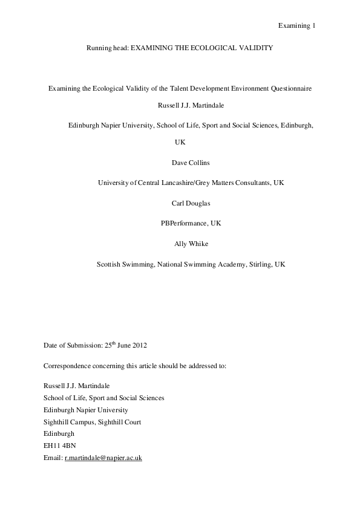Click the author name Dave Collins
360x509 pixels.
pyautogui.click(x=180, y=162)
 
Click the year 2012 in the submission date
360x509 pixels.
pyautogui.click(x=139, y=346)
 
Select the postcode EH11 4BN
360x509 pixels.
pyautogui.click(x=60, y=446)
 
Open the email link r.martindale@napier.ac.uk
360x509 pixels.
pyautogui.click(x=103, y=458)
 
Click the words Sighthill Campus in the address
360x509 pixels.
pyautogui.click(x=68, y=422)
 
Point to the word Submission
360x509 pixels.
pyautogui.click(x=80, y=346)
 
